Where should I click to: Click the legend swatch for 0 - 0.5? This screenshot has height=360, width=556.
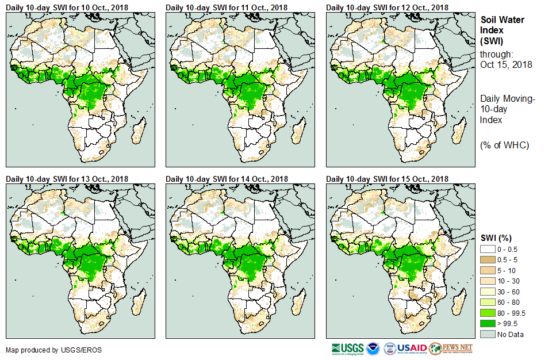pyautogui.click(x=488, y=249)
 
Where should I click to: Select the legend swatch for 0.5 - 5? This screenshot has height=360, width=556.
pyautogui.click(x=488, y=259)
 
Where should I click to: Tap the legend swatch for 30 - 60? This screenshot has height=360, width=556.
pyautogui.click(x=488, y=292)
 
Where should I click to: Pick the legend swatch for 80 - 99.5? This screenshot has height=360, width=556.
pyautogui.click(x=488, y=313)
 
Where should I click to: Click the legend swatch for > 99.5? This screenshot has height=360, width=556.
pyautogui.click(x=488, y=324)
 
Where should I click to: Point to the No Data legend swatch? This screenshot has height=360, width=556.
pyautogui.click(x=488, y=334)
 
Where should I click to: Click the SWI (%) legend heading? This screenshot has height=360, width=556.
pyautogui.click(x=496, y=238)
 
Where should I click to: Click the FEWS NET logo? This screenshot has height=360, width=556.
pyautogui.click(x=451, y=348)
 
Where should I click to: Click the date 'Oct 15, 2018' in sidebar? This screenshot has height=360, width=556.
pyautogui.click(x=506, y=64)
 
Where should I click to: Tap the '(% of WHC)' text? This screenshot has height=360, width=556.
pyautogui.click(x=504, y=145)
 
